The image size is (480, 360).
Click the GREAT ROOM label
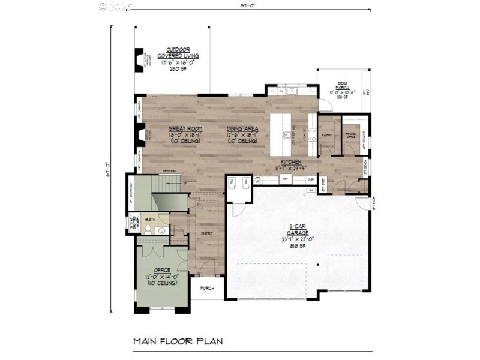coord(185,129)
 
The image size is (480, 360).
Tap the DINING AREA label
coord(242,129)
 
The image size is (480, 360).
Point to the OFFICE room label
coord(162,270)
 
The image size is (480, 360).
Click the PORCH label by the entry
coord(207,287)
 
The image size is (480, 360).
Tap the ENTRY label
coord(207,233)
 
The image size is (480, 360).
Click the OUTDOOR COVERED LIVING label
coord(178,52)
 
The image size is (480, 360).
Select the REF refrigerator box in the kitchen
coord(286,179)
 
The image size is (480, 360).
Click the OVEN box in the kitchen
coord(310,179)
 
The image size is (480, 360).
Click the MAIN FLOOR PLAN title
coord(178,341)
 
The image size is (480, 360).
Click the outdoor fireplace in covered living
coord(139,60)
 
